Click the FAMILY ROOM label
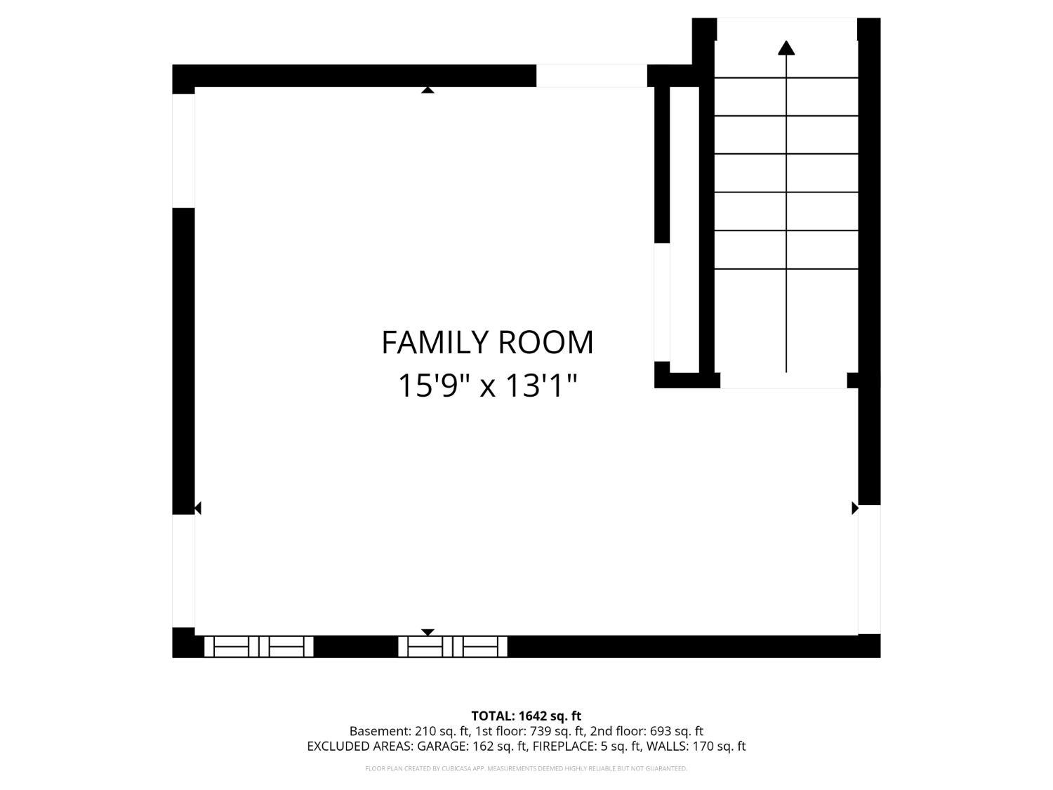487,343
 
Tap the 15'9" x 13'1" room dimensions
487,386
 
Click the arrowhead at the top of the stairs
786,48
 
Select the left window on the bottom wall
258,646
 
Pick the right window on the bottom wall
453,646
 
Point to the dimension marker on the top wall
428,89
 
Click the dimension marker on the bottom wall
428,632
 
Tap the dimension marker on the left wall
198,508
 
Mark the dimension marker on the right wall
854,508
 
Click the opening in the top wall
591,76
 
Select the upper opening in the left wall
183,150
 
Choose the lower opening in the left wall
183,570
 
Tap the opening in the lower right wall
869,569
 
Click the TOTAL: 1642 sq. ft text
526,716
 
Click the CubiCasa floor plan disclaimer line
526,768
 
